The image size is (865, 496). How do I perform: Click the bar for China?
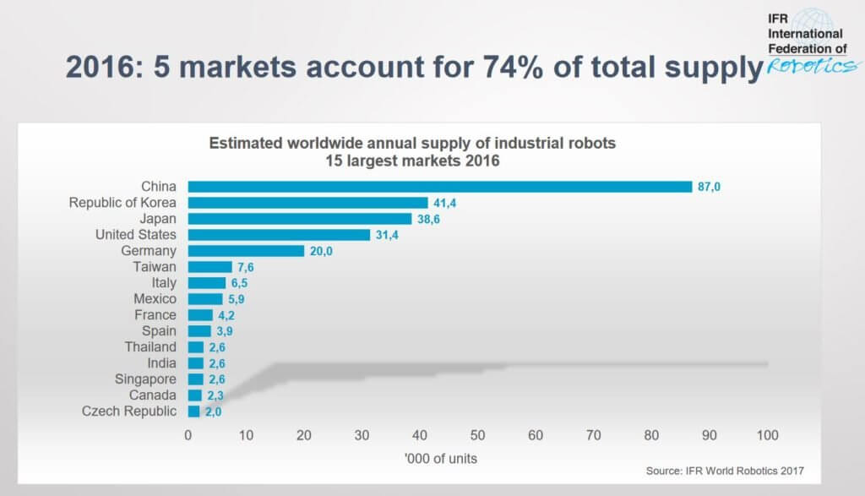[x=439, y=187]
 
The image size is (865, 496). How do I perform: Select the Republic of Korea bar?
[x=307, y=203]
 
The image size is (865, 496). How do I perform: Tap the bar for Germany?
[x=246, y=251]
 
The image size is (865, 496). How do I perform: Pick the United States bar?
[x=279, y=235]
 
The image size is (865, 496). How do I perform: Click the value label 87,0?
[x=709, y=187]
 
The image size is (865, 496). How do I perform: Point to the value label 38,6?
[x=428, y=219]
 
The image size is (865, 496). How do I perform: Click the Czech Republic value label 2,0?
[x=212, y=412]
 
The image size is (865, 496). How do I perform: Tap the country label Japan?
[x=159, y=219]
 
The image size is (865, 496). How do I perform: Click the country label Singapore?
[x=145, y=379]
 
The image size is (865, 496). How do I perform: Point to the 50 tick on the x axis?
[x=477, y=435]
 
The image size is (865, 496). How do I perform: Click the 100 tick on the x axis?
[x=767, y=435]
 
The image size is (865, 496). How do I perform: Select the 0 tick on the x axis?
[x=188, y=435]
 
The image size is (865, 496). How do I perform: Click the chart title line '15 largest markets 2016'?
[x=412, y=161]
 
